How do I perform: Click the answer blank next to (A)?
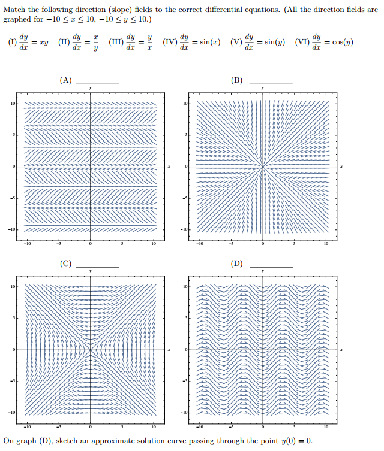[97, 83]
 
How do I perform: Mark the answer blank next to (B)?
[271, 83]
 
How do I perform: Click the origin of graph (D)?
[263, 349]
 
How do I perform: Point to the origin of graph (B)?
[263, 166]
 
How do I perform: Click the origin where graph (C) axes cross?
[91, 349]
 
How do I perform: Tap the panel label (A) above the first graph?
[65, 80]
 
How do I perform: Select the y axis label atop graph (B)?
[263, 88]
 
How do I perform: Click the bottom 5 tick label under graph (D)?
[294, 426]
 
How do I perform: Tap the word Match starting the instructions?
[14, 8]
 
